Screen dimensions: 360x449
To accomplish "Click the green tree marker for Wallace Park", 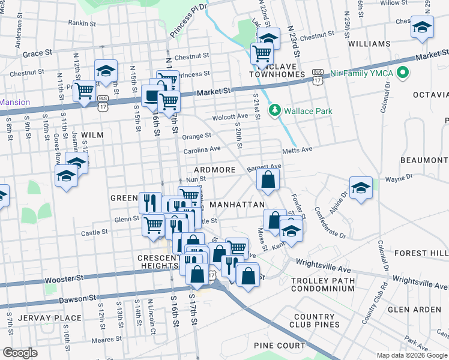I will (275, 110).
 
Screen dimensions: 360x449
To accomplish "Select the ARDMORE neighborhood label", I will (214, 170).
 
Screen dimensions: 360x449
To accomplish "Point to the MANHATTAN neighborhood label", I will (237, 205).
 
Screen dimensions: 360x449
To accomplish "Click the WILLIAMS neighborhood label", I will (369, 44).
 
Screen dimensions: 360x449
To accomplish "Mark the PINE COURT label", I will (279, 346).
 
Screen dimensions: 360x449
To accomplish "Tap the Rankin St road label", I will (82, 23).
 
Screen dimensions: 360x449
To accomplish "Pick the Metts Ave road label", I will (298, 148).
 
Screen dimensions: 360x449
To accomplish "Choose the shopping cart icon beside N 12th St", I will (85, 91).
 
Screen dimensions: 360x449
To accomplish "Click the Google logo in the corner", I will (20, 353).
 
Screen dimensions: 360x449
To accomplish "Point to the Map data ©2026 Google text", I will (412, 355).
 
